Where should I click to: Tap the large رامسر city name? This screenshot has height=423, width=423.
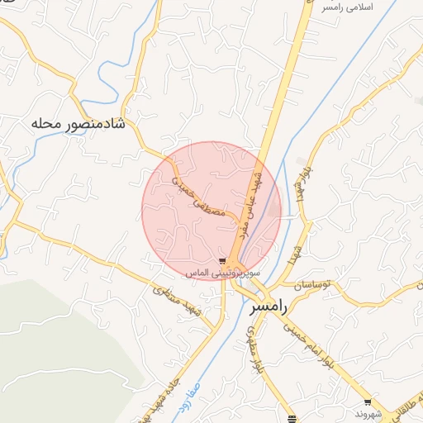[x=269, y=307]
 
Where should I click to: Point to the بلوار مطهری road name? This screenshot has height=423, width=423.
[x=254, y=346]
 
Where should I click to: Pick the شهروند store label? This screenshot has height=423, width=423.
[x=366, y=412]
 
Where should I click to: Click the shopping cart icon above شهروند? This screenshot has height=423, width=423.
[x=368, y=402]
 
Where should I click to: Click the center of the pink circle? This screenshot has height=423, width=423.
[x=211, y=211]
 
